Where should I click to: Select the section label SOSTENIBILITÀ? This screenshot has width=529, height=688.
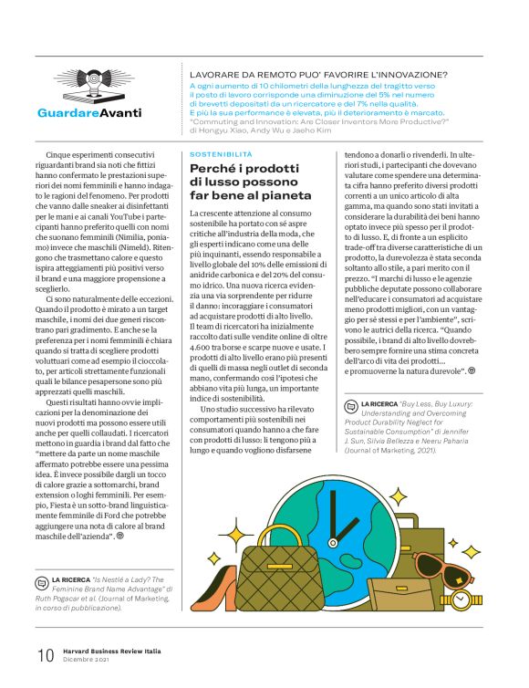point(221,155)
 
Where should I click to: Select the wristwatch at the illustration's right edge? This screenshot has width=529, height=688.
point(471,603)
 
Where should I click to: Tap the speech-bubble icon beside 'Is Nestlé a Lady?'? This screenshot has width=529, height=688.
point(42,580)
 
